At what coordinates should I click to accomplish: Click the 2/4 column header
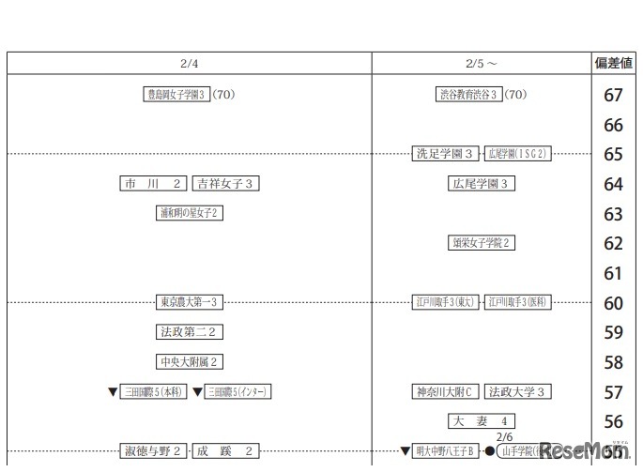click(189, 64)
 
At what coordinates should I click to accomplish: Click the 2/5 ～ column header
click(482, 64)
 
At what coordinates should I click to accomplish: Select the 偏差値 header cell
click(613, 64)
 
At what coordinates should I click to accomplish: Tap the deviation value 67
click(613, 95)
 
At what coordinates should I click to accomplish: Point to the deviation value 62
click(613, 244)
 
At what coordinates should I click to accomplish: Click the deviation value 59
click(613, 332)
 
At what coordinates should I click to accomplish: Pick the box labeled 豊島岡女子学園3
click(175, 94)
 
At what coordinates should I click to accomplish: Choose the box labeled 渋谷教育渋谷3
click(468, 94)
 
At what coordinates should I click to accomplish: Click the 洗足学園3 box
click(445, 154)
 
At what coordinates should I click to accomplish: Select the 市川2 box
click(154, 184)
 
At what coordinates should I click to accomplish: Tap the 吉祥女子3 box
click(225, 184)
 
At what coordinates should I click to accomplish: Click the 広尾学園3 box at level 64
click(482, 184)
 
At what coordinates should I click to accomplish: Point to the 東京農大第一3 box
click(190, 302)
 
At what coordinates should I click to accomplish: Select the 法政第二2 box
click(190, 332)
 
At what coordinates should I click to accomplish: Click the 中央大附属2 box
click(190, 362)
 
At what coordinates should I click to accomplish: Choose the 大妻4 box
click(482, 421)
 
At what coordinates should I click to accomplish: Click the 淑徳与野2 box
click(154, 451)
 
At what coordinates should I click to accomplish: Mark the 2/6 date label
click(504, 437)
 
